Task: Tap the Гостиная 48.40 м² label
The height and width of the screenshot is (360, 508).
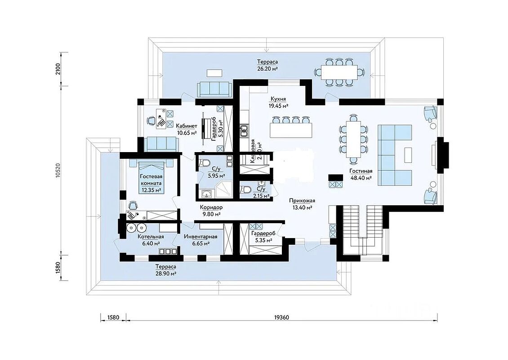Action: (x=361, y=174)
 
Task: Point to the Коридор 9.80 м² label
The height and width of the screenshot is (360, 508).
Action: (x=211, y=211)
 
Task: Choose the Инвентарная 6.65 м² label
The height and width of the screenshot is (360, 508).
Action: (x=201, y=240)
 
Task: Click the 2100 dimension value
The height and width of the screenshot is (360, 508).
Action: (x=59, y=71)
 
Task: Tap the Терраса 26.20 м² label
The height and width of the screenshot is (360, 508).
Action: (x=267, y=65)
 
